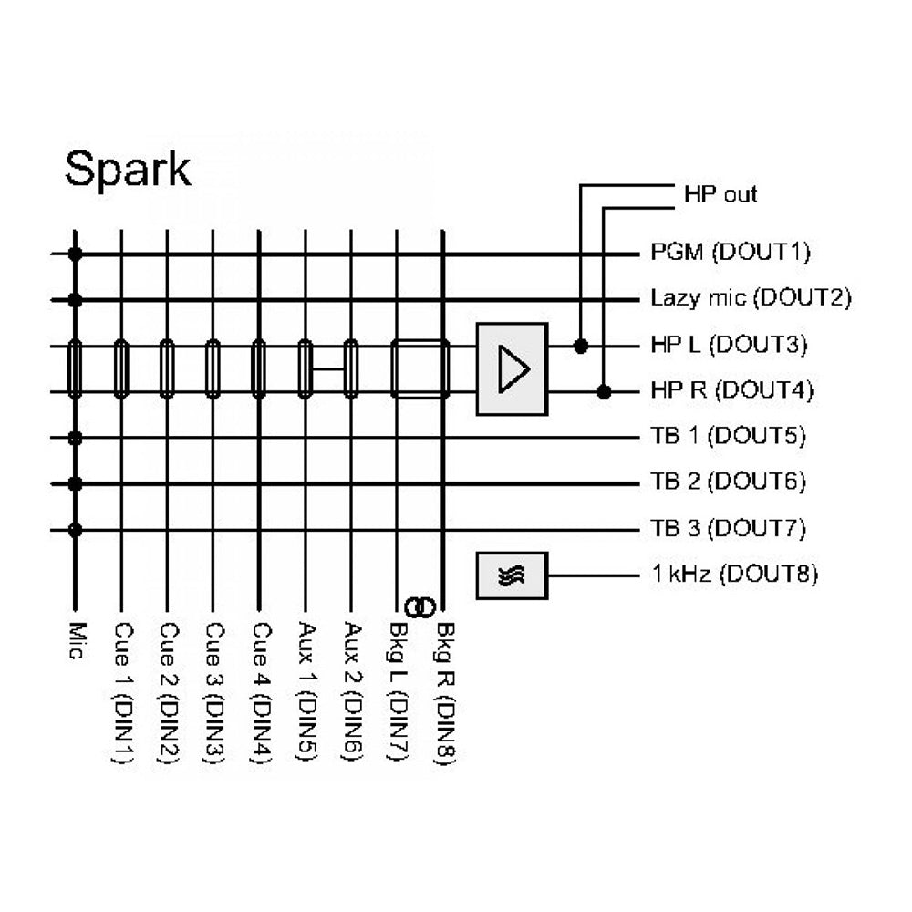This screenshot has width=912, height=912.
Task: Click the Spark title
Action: click(x=128, y=170)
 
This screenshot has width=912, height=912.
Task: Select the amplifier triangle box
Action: click(x=512, y=369)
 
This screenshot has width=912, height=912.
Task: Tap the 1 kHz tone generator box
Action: click(x=512, y=575)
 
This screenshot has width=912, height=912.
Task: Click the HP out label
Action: click(x=720, y=194)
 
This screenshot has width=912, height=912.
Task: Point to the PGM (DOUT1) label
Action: click(x=731, y=252)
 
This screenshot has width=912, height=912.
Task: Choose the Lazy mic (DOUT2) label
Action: click(x=751, y=298)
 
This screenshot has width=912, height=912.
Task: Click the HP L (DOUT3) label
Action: click(x=730, y=345)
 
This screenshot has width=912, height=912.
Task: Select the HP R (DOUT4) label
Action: click(x=731, y=390)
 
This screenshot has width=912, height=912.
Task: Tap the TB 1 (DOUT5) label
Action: click(x=729, y=436)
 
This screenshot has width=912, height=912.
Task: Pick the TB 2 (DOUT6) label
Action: click(x=729, y=482)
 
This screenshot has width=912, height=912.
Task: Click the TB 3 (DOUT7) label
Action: click(x=729, y=528)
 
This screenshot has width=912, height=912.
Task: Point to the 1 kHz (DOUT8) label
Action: click(x=733, y=575)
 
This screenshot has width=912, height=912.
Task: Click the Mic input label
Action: click(x=77, y=642)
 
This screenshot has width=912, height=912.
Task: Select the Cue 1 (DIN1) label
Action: click(x=121, y=693)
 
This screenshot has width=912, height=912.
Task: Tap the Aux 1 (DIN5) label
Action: click(x=306, y=693)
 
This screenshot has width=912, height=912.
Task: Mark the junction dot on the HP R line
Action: click(x=603, y=392)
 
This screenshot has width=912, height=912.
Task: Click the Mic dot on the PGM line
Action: click(x=76, y=254)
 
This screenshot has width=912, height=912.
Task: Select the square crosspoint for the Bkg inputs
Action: click(x=420, y=369)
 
